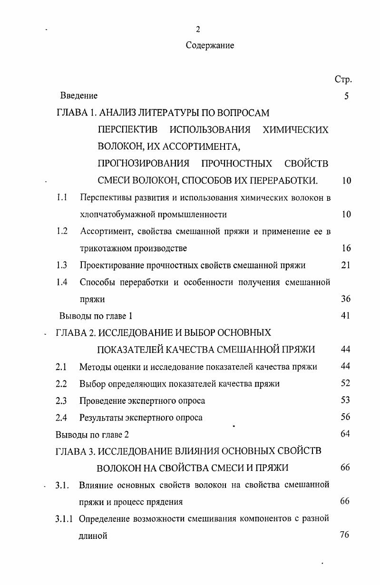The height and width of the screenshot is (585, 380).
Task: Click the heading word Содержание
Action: (x=210, y=46)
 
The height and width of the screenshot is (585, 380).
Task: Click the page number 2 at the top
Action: (x=198, y=29)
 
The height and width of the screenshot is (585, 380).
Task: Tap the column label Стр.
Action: (x=343, y=79)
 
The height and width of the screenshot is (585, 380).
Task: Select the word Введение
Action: (x=79, y=96)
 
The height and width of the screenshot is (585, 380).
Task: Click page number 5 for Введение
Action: (x=346, y=96)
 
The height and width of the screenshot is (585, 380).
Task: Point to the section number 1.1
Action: (x=61, y=197)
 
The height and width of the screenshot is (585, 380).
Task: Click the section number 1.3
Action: (x=61, y=265)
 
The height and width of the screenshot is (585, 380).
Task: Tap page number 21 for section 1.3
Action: (x=346, y=265)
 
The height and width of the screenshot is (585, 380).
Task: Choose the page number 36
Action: (x=346, y=299)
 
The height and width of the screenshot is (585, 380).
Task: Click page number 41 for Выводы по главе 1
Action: (x=346, y=315)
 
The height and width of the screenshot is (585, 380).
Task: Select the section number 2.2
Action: (x=61, y=383)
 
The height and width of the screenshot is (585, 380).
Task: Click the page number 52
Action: (x=346, y=383)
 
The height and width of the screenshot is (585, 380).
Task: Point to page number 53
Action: (x=346, y=400)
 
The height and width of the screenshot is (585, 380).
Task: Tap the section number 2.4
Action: (x=61, y=418)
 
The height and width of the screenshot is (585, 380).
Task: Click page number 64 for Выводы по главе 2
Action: (x=346, y=434)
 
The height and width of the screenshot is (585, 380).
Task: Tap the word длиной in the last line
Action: (x=93, y=536)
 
